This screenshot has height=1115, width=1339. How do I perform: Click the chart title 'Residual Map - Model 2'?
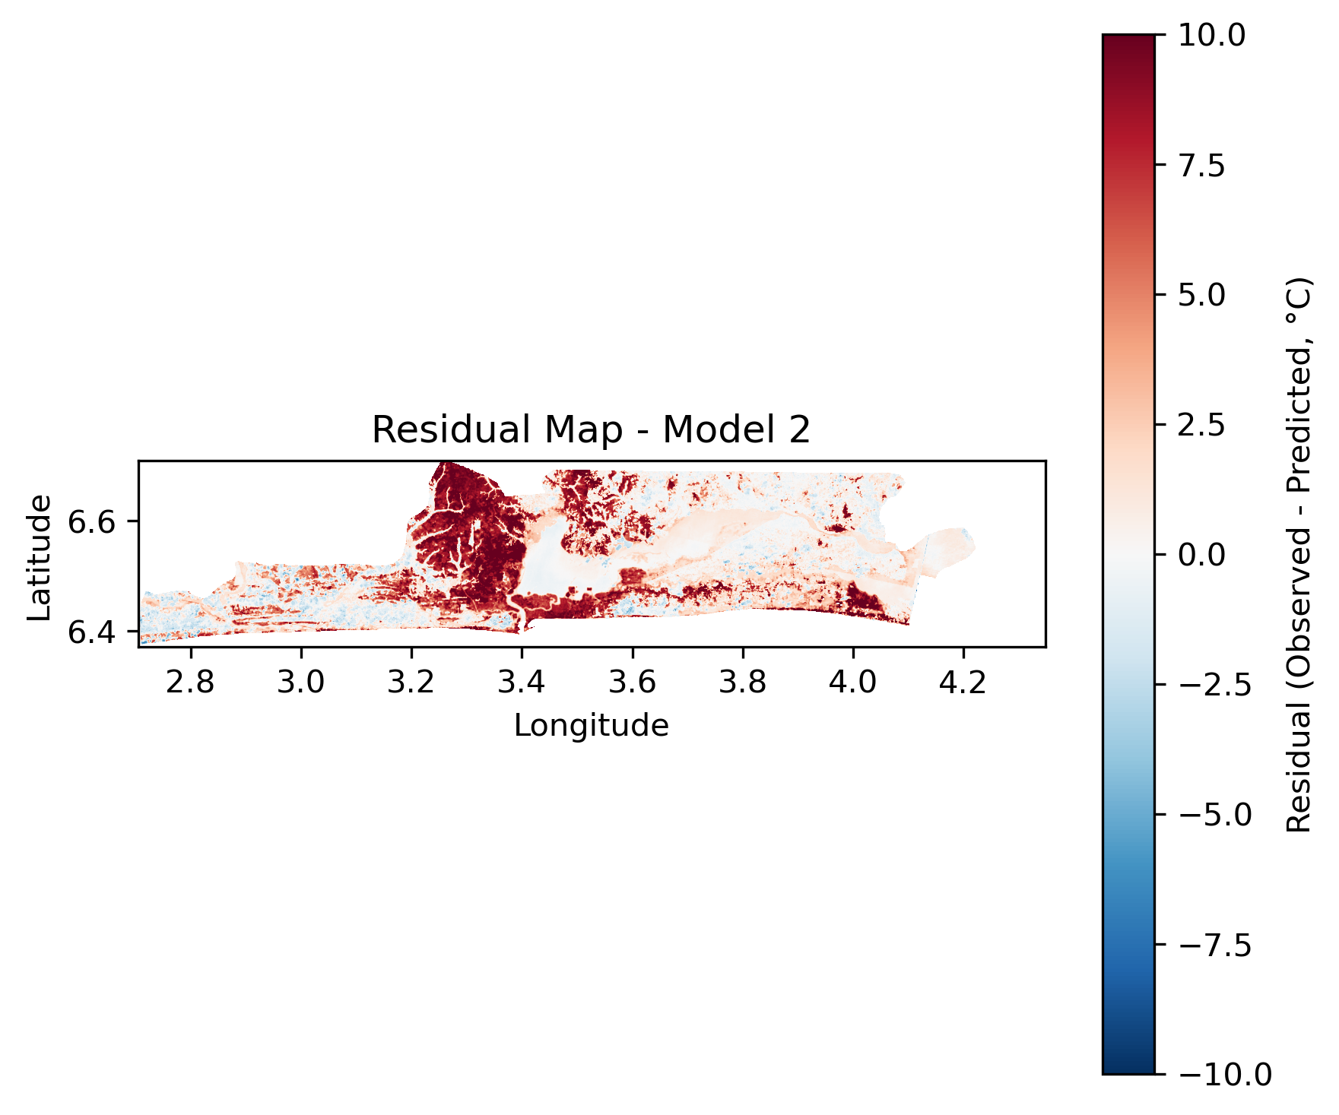pos(591,430)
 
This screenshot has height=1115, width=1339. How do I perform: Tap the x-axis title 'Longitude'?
pos(591,726)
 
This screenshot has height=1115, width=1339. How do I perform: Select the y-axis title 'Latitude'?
pos(40,557)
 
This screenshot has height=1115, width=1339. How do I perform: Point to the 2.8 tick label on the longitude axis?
pos(190,683)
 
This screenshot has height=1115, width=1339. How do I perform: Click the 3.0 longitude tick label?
pos(301,683)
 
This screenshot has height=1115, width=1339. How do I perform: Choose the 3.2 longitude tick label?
pos(411,683)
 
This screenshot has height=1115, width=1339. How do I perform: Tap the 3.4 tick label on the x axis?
pos(522,683)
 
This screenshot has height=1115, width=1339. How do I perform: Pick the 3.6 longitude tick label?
pos(632,683)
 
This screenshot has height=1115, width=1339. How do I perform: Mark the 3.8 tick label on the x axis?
pos(743,683)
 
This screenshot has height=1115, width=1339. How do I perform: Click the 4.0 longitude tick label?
pos(853,683)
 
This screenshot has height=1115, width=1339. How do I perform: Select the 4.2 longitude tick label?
pos(963,683)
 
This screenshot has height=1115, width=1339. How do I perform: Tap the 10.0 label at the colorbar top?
pos(1211,35)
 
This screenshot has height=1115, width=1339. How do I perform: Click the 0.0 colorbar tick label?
pos(1201,555)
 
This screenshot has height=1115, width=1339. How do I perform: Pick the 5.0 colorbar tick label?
pos(1201,295)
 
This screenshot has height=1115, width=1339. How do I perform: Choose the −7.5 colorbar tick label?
pos(1214,945)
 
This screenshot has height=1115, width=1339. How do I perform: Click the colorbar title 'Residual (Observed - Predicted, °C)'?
pos(1299,555)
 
